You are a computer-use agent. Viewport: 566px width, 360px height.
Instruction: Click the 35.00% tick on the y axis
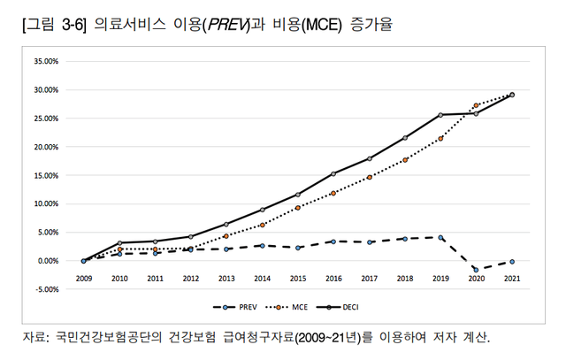[x=44, y=61]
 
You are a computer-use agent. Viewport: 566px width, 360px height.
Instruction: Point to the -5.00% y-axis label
[x=44, y=288]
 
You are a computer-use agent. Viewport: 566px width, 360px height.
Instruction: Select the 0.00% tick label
[x=46, y=260]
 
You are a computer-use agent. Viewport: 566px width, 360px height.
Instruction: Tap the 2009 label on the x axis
[x=83, y=278]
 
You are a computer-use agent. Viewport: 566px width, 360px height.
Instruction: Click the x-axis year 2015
[x=298, y=278]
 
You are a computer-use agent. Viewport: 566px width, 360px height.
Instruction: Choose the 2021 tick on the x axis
[x=512, y=278]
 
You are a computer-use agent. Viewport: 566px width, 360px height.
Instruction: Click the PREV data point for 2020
[x=476, y=269]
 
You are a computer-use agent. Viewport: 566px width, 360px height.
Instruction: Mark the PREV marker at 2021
[x=512, y=262]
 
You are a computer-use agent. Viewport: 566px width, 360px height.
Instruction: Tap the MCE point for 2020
[x=476, y=105]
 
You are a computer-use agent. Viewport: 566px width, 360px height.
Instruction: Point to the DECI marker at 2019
[x=440, y=115]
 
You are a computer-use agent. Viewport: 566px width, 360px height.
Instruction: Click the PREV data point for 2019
[x=440, y=237]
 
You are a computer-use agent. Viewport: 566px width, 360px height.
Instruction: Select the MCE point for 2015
[x=298, y=207]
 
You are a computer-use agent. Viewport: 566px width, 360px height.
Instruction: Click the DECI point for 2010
[x=119, y=242]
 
